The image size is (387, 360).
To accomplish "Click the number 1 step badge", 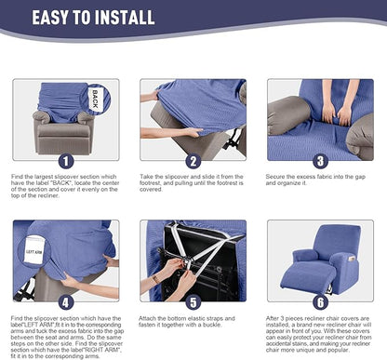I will pyautogui.click(x=63, y=159).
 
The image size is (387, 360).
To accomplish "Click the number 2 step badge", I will pyautogui.click(x=193, y=159).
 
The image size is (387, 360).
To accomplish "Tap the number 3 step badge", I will pyautogui.click(x=319, y=159).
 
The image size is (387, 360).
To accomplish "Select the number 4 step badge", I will pyautogui.click(x=63, y=300).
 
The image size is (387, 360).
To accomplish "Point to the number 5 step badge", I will pyautogui.click(x=193, y=300).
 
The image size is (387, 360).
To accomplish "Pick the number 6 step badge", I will pyautogui.click(x=319, y=300).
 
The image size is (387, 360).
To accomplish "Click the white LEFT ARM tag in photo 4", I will pyautogui.click(x=33, y=252).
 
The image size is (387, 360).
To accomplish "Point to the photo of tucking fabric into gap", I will pyautogui.click(x=319, y=118).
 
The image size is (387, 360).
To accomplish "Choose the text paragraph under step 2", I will pyautogui.click(x=193, y=186).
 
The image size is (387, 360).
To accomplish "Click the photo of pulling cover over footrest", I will pyautogui.click(x=193, y=118).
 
